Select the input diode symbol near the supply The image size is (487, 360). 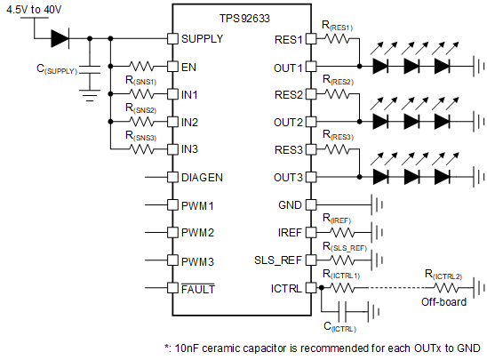click(x=60, y=38)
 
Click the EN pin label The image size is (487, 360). click(x=189, y=67)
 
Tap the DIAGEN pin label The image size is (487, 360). click(x=202, y=177)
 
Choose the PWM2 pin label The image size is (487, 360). click(x=197, y=233)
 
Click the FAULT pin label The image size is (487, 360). click(x=198, y=288)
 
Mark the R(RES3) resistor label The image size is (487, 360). click(x=338, y=138)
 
